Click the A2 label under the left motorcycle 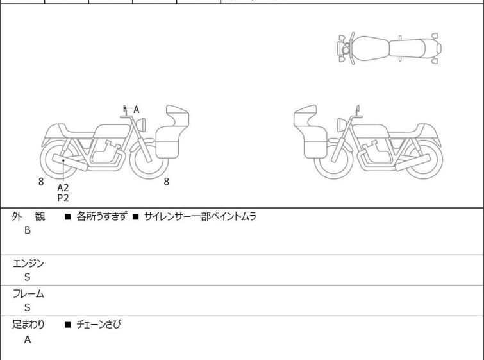click(x=63, y=187)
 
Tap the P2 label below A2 click(x=63, y=198)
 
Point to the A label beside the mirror click(x=136, y=109)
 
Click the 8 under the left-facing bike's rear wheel click(x=41, y=182)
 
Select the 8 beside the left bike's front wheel click(x=167, y=182)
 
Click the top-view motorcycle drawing click(x=389, y=49)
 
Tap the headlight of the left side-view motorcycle click(x=141, y=125)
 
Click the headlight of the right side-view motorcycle click(x=342, y=125)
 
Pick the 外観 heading click(x=28, y=217)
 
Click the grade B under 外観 click(x=28, y=230)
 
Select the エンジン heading click(x=28, y=264)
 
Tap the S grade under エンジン click(x=28, y=277)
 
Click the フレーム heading click(x=28, y=294)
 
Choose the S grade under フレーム click(x=28, y=307)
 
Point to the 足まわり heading click(x=28, y=325)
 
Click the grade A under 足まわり click(x=28, y=340)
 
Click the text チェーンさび click(x=99, y=325)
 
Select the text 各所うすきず click(x=101, y=217)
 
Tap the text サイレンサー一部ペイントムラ click(x=200, y=217)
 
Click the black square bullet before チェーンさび click(x=68, y=325)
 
